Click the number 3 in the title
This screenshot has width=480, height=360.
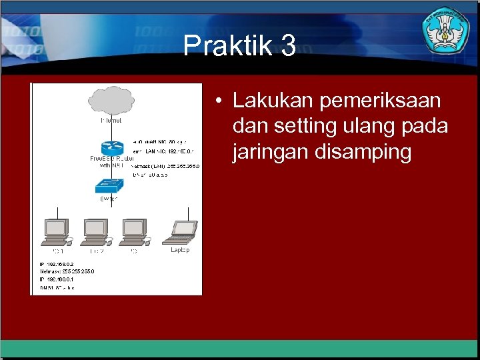pyautogui.click(x=288, y=47)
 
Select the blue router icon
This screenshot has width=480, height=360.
pyautogui.click(x=109, y=148)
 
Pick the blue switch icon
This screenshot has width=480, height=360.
pyautogui.click(x=109, y=185)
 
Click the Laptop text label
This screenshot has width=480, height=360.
pyautogui.click(x=180, y=251)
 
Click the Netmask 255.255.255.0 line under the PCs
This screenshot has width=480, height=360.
pyautogui.click(x=67, y=272)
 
